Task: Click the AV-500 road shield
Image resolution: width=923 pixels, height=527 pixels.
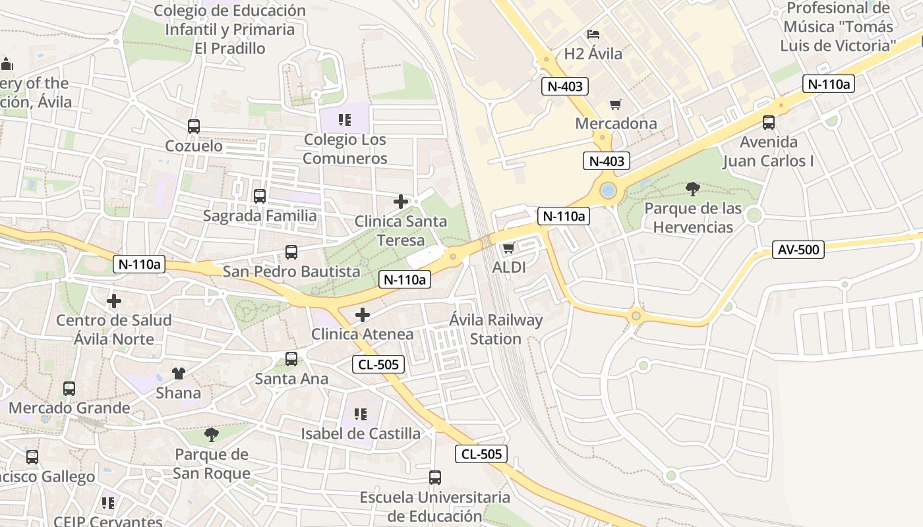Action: click(798, 250)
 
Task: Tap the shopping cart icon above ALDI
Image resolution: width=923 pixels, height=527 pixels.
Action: click(508, 248)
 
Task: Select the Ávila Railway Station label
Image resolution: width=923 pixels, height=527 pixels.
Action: click(496, 329)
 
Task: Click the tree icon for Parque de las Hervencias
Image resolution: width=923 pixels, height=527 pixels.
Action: click(693, 189)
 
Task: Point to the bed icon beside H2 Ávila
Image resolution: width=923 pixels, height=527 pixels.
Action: click(593, 34)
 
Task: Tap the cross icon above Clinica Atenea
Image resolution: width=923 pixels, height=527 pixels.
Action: click(362, 315)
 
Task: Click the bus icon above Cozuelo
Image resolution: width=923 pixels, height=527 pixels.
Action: click(194, 126)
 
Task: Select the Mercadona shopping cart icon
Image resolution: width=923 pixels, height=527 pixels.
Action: click(616, 104)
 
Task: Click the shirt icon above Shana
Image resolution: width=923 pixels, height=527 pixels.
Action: click(178, 374)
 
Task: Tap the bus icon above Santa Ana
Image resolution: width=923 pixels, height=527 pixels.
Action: click(291, 359)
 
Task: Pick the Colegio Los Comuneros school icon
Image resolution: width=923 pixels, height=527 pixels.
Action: click(345, 120)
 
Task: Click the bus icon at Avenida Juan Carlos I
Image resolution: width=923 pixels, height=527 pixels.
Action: click(769, 122)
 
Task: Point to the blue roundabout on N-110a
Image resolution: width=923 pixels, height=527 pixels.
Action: click(608, 191)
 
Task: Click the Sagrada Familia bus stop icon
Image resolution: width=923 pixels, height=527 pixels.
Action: click(260, 196)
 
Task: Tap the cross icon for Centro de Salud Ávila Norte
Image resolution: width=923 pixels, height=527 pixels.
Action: click(114, 301)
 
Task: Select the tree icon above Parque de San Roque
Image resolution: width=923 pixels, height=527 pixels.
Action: click(212, 434)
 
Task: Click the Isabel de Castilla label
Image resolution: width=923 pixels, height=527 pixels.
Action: click(361, 433)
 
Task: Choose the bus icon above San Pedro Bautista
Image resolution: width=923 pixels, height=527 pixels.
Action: click(291, 252)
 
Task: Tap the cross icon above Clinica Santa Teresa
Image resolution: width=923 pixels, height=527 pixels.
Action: click(400, 202)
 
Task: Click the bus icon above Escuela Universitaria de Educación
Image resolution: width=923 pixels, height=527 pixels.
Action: click(435, 478)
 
